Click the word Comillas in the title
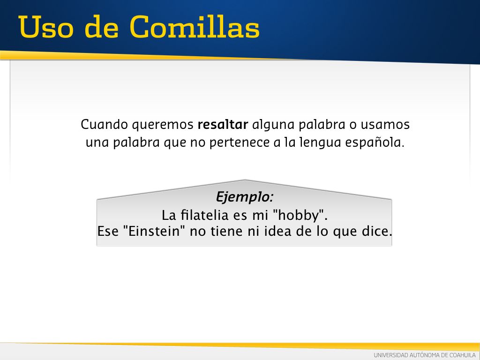coord(195,27)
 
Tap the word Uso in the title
coord(46,27)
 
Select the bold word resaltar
coord(223,125)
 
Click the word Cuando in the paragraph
coord(105,125)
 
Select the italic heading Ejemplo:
coord(244,197)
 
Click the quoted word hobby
coord(299,215)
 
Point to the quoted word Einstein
coord(154,231)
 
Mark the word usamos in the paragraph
coord(385,125)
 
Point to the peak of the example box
coord(245,180)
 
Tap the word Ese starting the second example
coord(108,231)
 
